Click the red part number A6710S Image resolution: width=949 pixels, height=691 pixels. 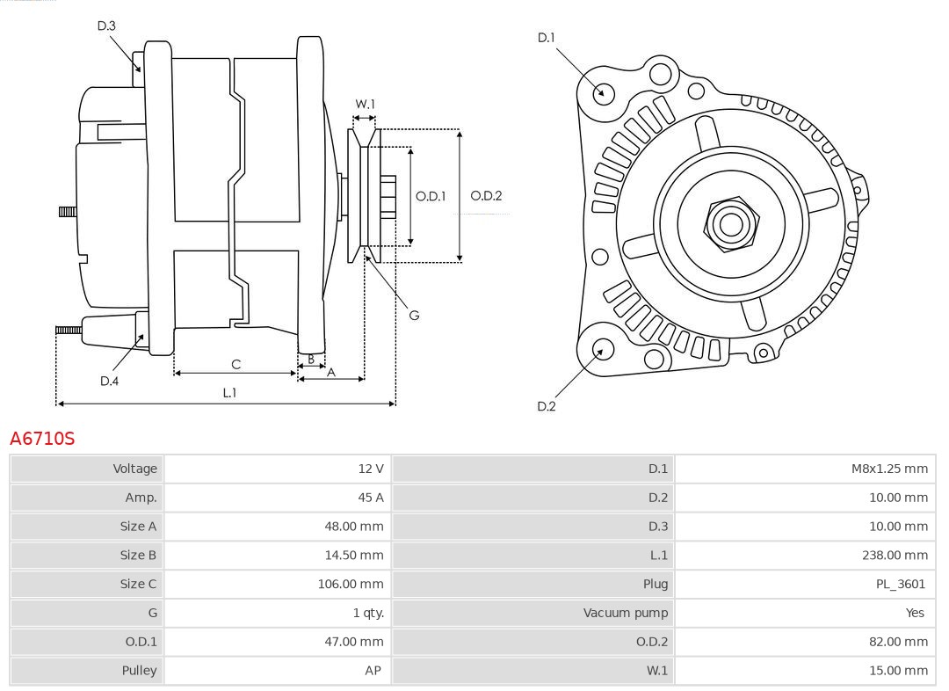42,439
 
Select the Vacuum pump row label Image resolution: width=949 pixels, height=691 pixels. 626,613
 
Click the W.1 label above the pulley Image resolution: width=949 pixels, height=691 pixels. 365,104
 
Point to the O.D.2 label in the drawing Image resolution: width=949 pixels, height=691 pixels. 486,196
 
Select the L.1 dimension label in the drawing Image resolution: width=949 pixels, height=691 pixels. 228,393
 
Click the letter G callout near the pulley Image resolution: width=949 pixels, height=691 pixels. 414,315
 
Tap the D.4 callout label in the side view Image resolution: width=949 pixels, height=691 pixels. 109,381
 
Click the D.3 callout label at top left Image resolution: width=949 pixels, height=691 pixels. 106,25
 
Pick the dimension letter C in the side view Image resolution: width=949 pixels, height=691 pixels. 235,364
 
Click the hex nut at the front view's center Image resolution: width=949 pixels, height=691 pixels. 730,223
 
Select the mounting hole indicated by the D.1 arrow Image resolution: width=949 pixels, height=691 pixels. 604,91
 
